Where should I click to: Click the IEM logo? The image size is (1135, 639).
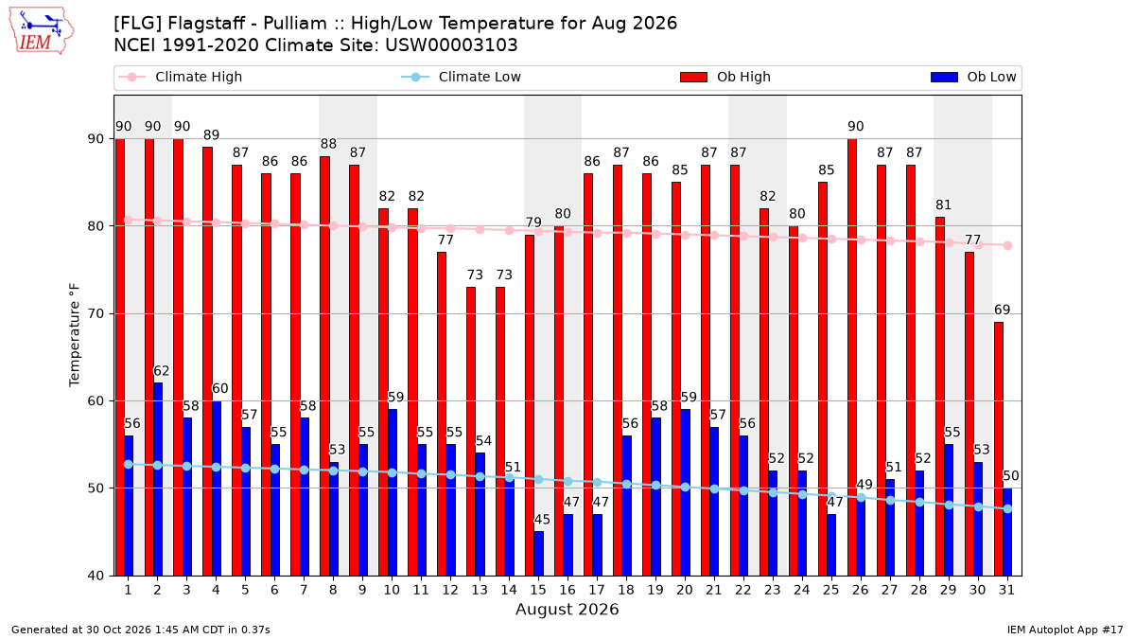(x=42, y=31)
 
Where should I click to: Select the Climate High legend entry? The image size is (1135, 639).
(x=180, y=77)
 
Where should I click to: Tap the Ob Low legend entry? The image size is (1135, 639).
(x=973, y=77)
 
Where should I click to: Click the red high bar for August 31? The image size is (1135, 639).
(x=998, y=449)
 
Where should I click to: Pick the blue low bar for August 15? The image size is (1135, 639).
(x=538, y=553)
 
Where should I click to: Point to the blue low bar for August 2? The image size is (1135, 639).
(x=158, y=479)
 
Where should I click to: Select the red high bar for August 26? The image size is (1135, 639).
(x=852, y=357)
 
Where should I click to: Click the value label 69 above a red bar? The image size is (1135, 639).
(x=1002, y=310)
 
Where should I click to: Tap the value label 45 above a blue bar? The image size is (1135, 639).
(x=542, y=520)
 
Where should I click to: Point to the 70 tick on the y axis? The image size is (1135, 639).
(x=96, y=313)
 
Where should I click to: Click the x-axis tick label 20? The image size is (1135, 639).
(x=685, y=590)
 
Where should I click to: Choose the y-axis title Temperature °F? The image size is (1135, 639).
(x=75, y=335)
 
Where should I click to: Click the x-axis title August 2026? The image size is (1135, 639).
(x=567, y=609)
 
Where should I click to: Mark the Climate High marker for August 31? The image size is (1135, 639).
(x=1007, y=245)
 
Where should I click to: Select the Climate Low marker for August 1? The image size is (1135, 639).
(x=129, y=464)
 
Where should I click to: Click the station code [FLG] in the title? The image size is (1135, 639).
(x=137, y=24)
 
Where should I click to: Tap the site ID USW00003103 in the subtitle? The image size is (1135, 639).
(x=451, y=45)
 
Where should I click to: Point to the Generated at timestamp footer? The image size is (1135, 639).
(x=140, y=630)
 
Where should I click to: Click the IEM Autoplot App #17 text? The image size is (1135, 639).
(x=1065, y=630)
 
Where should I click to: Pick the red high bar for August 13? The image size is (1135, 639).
(x=471, y=431)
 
